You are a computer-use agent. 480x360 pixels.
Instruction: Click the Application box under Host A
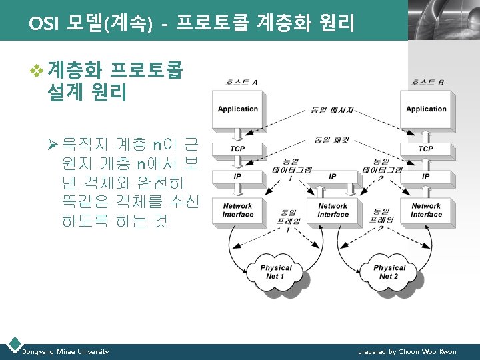[x=238, y=109]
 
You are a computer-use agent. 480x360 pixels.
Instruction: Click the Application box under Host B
[x=426, y=109]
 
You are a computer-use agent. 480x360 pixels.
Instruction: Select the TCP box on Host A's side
[x=238, y=149]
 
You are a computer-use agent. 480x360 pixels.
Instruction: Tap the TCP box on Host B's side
[x=426, y=149]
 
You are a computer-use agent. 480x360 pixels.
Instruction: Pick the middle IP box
[x=333, y=177]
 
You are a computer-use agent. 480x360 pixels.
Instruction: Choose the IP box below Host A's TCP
[x=238, y=177]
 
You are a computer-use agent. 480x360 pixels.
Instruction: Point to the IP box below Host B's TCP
[x=426, y=177]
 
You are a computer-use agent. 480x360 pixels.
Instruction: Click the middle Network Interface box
[x=333, y=211]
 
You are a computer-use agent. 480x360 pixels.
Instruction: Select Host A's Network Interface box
[x=238, y=211]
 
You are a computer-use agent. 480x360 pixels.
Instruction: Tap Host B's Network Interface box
[x=426, y=211]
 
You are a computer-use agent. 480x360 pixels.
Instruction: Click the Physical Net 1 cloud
[x=275, y=272]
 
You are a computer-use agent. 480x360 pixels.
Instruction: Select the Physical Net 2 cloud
[x=389, y=272]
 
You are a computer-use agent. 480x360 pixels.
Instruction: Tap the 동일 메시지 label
[x=333, y=109]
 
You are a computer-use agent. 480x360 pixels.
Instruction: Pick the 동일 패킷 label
[x=333, y=140]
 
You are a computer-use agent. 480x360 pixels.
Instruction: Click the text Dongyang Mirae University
[x=65, y=352]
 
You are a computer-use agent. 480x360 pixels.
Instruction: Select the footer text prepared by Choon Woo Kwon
[x=407, y=352]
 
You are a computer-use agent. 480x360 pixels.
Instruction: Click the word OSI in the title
[x=43, y=24]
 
